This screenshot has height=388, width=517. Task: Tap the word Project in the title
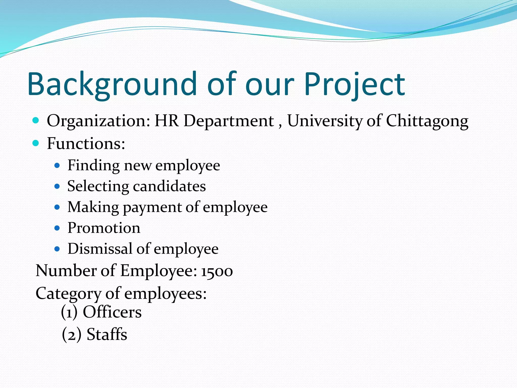[x=354, y=84]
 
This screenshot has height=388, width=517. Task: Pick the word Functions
[x=86, y=143]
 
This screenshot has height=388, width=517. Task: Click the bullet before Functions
[x=36, y=143]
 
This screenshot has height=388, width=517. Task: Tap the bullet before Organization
[x=36, y=120]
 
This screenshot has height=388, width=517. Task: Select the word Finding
[x=93, y=166]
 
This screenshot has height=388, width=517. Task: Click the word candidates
[x=169, y=186]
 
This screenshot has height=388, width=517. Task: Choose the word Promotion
[x=104, y=228]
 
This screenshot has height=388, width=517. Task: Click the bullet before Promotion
[x=57, y=228]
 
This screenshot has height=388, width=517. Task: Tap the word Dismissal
[x=100, y=249]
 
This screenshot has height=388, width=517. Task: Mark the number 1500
[x=217, y=271]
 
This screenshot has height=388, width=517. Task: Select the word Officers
[x=112, y=312]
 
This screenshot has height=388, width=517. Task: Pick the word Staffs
[x=107, y=334]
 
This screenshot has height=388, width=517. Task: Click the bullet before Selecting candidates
[x=57, y=187]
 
